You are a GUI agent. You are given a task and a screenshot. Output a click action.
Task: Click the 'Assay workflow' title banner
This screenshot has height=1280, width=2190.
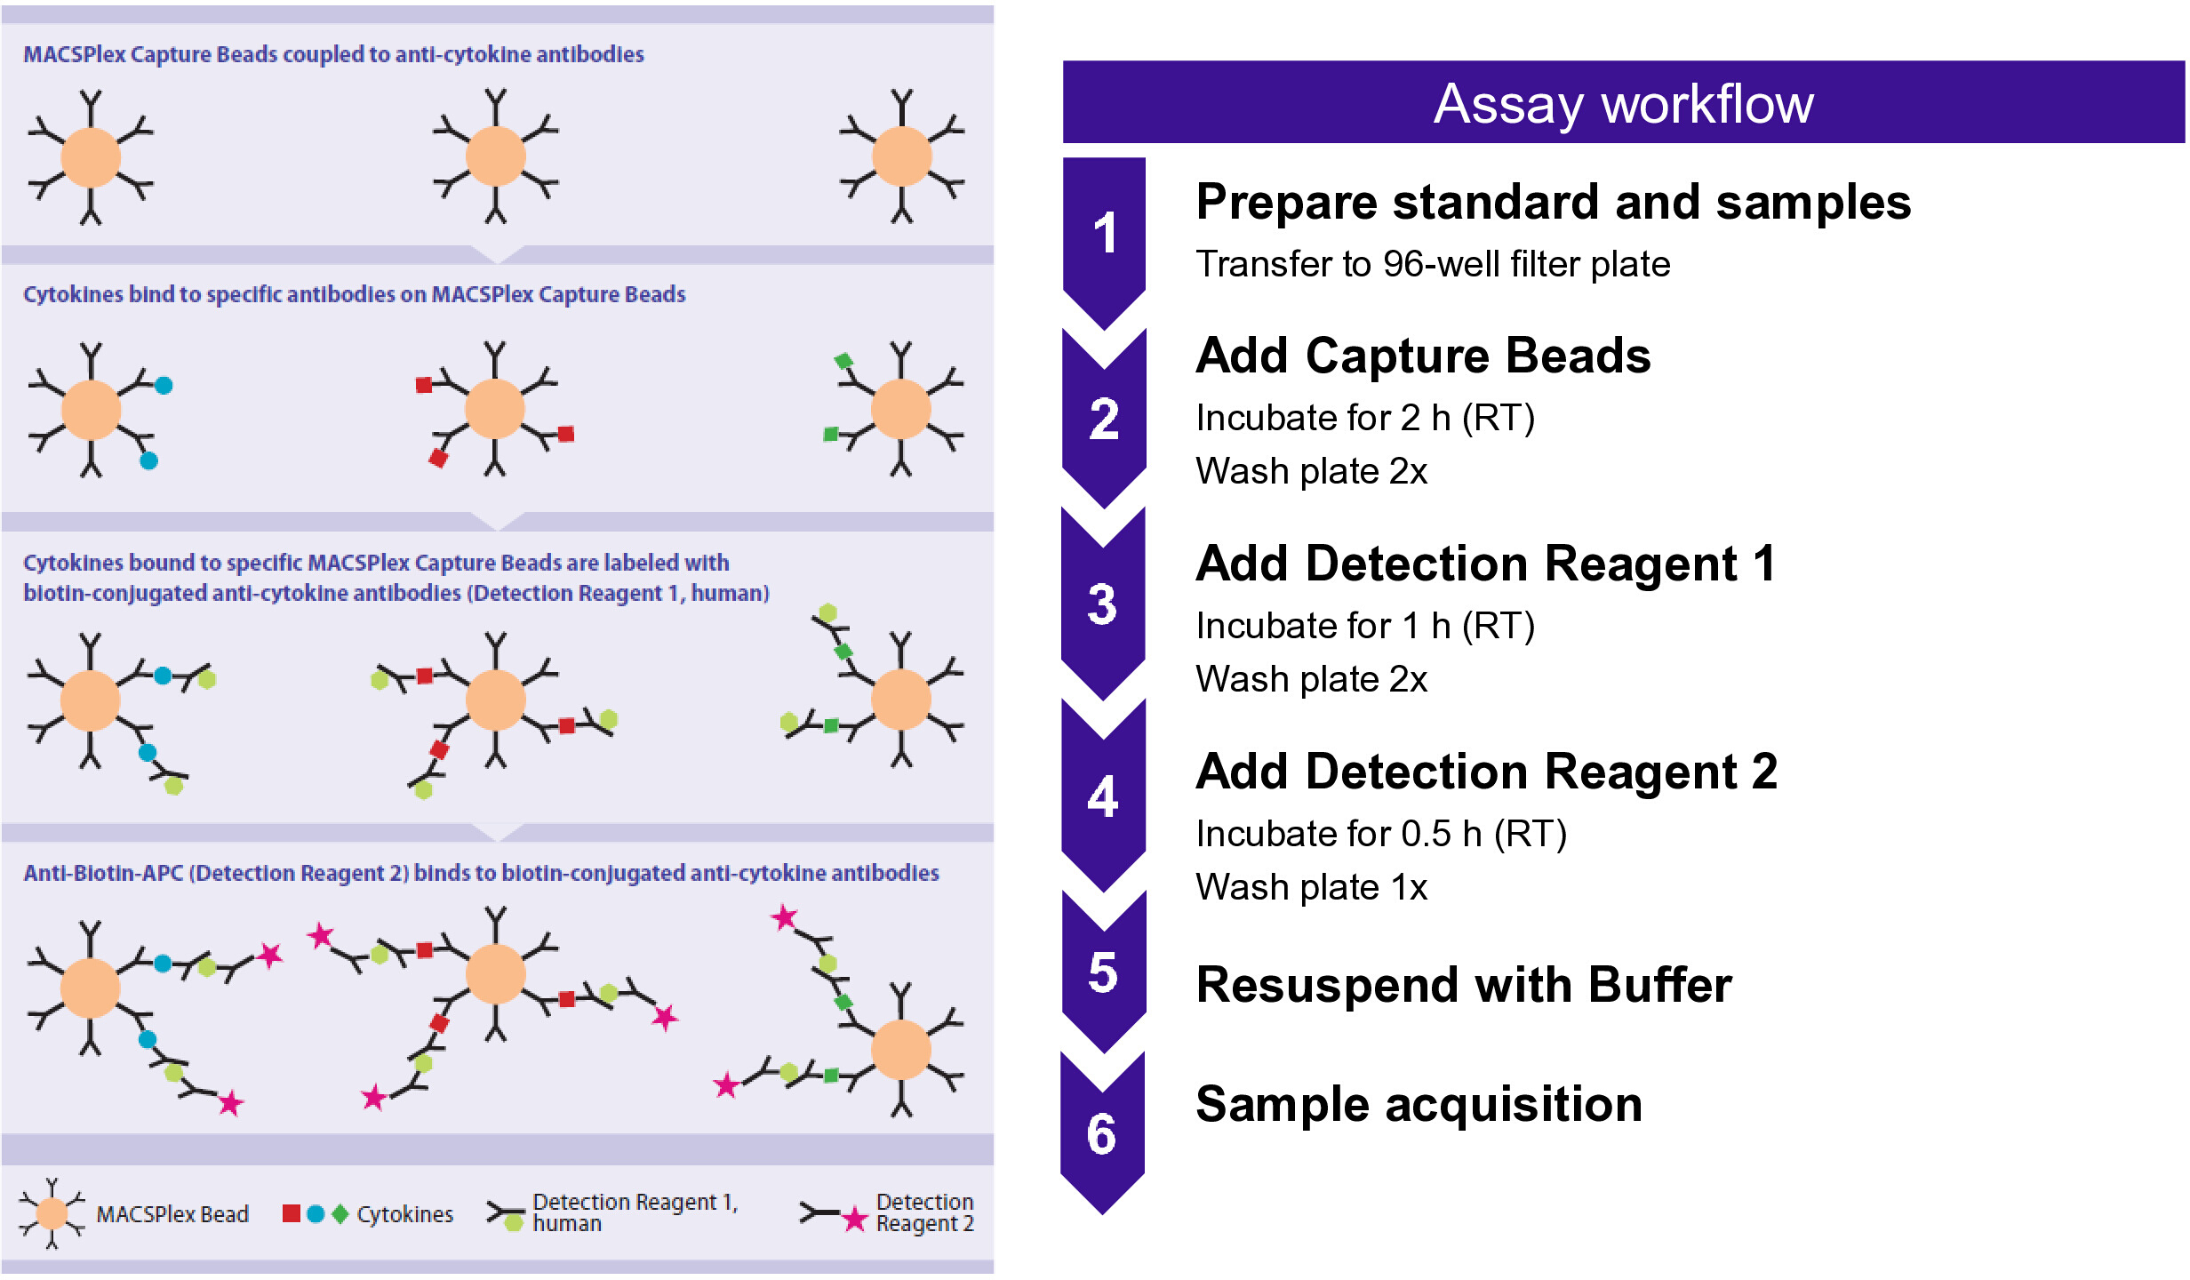tap(1623, 102)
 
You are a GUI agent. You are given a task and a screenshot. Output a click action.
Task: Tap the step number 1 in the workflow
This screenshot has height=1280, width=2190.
tap(1105, 233)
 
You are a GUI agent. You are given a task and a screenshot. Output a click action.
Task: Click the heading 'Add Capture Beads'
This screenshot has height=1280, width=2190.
tap(1423, 356)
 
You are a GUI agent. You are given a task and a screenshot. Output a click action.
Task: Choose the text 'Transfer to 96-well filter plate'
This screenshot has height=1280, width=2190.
tap(1433, 264)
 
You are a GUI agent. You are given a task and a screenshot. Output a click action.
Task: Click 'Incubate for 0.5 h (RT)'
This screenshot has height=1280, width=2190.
tap(1381, 834)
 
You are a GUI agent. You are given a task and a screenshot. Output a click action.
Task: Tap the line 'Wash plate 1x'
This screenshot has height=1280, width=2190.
tap(1312, 887)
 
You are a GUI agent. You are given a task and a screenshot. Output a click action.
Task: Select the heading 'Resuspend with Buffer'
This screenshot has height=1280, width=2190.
tap(1464, 985)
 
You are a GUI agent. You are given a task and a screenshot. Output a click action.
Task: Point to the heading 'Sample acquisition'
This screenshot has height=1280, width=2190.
tap(1419, 1104)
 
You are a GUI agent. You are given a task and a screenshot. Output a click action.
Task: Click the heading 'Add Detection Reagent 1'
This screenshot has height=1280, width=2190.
tap(1486, 564)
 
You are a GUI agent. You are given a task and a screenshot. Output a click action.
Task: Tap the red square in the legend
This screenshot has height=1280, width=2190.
tap(291, 1213)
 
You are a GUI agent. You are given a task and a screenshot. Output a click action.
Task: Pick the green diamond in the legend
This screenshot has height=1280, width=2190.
tap(340, 1213)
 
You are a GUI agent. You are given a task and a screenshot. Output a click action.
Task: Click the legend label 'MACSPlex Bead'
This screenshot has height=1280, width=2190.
tap(172, 1214)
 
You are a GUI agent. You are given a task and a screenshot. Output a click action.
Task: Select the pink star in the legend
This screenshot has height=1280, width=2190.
tap(854, 1219)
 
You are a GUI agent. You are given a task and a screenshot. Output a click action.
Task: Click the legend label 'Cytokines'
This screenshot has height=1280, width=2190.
tap(405, 1214)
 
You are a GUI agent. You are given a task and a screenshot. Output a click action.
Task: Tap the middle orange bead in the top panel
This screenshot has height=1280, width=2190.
tap(495, 156)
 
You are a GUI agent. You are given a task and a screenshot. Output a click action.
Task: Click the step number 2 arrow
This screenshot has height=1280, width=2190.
tap(1104, 419)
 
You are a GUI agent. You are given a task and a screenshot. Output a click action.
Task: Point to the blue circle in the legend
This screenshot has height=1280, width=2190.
tap(316, 1213)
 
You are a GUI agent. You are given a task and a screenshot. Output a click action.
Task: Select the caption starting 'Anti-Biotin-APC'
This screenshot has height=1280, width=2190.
tap(481, 873)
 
